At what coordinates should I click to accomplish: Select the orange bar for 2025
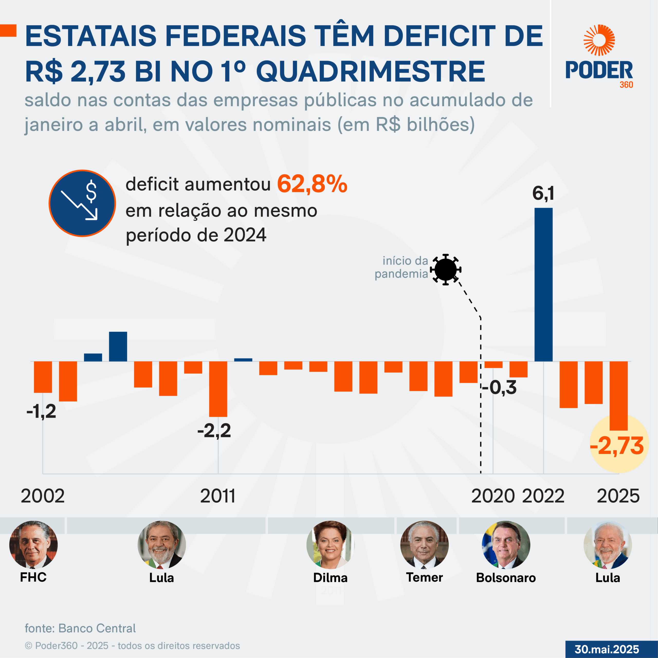pyautogui.click(x=618, y=396)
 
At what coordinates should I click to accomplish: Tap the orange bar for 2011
pyautogui.click(x=218, y=389)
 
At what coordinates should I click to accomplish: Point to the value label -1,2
pyautogui.click(x=41, y=412)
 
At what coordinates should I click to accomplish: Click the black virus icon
pyautogui.click(x=445, y=269)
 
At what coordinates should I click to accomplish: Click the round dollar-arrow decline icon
pyautogui.click(x=82, y=203)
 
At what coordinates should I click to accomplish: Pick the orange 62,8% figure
pyautogui.click(x=312, y=184)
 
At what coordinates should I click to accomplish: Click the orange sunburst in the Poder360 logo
pyautogui.click(x=599, y=40)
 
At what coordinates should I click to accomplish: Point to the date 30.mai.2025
pyautogui.click(x=607, y=649)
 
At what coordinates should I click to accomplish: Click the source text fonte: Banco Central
pyautogui.click(x=80, y=628)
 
